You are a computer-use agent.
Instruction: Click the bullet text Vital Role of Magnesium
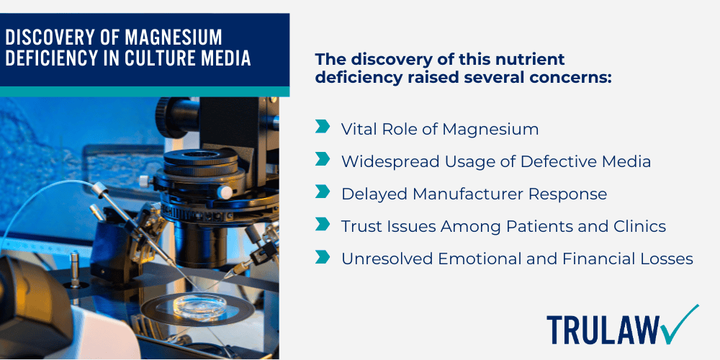[x=439, y=129]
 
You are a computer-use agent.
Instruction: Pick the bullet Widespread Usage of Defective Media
[x=495, y=161]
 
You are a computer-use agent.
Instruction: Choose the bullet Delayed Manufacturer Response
[x=473, y=194]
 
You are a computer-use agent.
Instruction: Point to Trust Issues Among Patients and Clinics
[x=503, y=226]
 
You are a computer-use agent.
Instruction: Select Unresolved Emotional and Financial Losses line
[x=516, y=258]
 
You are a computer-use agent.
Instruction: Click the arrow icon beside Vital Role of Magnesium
[x=323, y=128]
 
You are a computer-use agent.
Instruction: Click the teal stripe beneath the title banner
[x=144, y=91]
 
